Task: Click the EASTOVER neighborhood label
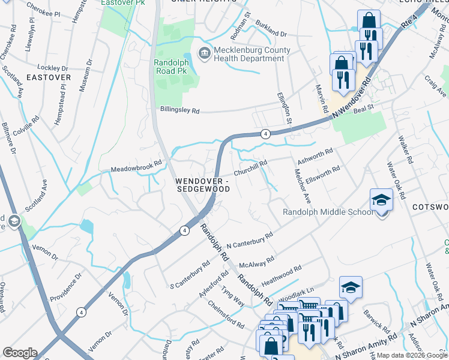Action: click(49, 77)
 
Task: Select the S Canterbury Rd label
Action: click(190, 274)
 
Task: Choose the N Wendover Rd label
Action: click(357, 97)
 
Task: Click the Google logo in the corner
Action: click(20, 353)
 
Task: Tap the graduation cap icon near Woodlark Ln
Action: click(351, 289)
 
